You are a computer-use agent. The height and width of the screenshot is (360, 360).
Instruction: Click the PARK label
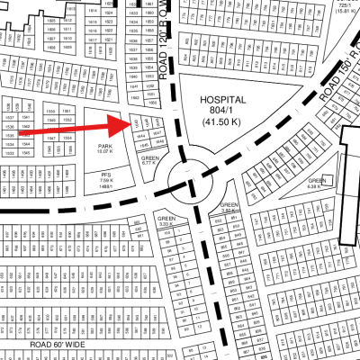click(104, 145)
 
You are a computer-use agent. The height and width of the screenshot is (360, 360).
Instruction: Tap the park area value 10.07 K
click(104, 151)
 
